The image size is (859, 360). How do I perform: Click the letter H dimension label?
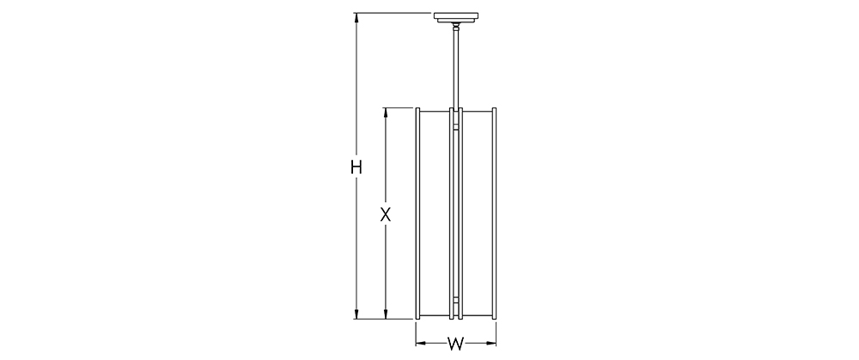[x=356, y=167]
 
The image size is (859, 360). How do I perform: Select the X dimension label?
[x=386, y=214]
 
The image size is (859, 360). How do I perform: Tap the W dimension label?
[x=456, y=345]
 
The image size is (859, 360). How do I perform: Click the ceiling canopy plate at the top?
[x=456, y=16]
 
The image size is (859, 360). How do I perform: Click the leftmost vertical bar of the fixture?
[x=418, y=213]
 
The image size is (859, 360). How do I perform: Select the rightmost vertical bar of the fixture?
[x=494, y=213]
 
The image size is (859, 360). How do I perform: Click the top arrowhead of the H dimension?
[x=356, y=17]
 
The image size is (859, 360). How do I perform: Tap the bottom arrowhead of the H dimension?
[x=356, y=314]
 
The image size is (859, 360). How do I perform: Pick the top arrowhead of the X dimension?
[x=386, y=113]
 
